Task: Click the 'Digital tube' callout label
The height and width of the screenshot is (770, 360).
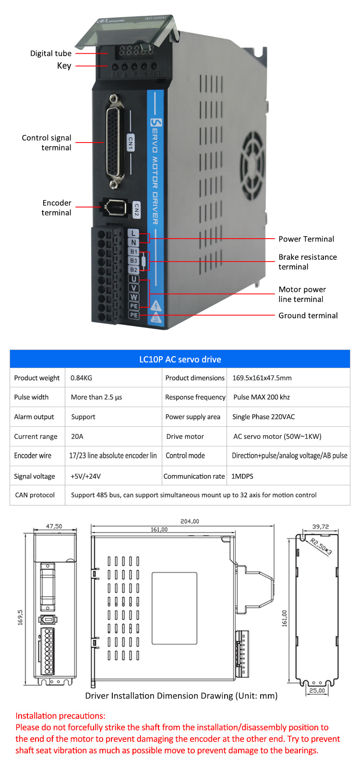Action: [x=50, y=53]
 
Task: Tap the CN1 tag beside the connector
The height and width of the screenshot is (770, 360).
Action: [x=130, y=143]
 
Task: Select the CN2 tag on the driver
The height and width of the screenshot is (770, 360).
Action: [x=136, y=210]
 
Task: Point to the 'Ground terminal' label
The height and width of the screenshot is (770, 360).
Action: [x=308, y=315]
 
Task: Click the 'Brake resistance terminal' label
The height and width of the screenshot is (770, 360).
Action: [x=307, y=262]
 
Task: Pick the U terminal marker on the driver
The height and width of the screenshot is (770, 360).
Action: [x=133, y=279]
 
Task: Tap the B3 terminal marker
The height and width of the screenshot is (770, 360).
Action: [x=133, y=261]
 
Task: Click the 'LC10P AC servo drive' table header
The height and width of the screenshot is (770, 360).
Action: [x=180, y=359]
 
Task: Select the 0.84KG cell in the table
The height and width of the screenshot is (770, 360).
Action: [x=81, y=378]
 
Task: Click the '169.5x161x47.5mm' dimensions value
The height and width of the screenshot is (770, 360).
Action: [x=262, y=378]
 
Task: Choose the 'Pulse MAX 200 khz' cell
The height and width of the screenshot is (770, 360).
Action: [x=262, y=397]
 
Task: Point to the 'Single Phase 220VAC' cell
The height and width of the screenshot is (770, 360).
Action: [x=264, y=417]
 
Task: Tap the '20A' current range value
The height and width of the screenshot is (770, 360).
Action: [x=77, y=436]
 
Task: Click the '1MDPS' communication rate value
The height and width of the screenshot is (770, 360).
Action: [x=242, y=476]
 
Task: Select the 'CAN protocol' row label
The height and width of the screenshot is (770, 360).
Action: [x=35, y=495]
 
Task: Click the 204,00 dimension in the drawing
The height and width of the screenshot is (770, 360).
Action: [x=190, y=521]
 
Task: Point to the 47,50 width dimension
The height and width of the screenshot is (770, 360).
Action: [x=54, y=526]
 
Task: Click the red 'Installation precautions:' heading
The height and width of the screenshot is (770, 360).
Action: [x=60, y=716]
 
